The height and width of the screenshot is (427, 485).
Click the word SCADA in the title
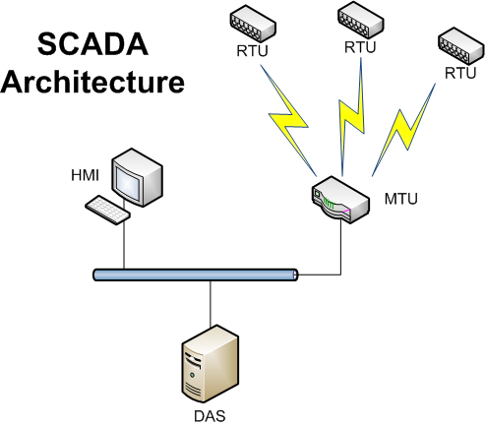(x=92, y=44)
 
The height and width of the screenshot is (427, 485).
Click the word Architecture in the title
(x=92, y=82)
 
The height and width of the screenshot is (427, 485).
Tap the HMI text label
(x=85, y=175)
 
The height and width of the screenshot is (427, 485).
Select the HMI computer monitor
(x=137, y=177)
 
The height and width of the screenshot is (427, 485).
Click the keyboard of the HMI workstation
(x=107, y=210)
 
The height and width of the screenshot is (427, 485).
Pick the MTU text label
(x=400, y=199)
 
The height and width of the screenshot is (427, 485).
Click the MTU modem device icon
(x=340, y=200)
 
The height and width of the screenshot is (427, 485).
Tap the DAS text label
(x=210, y=416)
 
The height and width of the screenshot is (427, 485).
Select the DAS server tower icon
(x=211, y=364)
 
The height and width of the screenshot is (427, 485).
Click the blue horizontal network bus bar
(x=196, y=274)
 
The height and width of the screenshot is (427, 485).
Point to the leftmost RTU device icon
(x=253, y=24)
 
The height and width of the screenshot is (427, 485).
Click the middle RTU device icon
(x=360, y=20)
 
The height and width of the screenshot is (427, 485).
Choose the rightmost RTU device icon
(x=461, y=46)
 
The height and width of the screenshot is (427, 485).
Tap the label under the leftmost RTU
(x=252, y=51)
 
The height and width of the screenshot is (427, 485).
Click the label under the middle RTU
(x=360, y=47)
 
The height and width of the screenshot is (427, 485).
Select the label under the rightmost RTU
(x=460, y=73)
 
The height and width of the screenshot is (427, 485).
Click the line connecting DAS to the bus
(x=211, y=304)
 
